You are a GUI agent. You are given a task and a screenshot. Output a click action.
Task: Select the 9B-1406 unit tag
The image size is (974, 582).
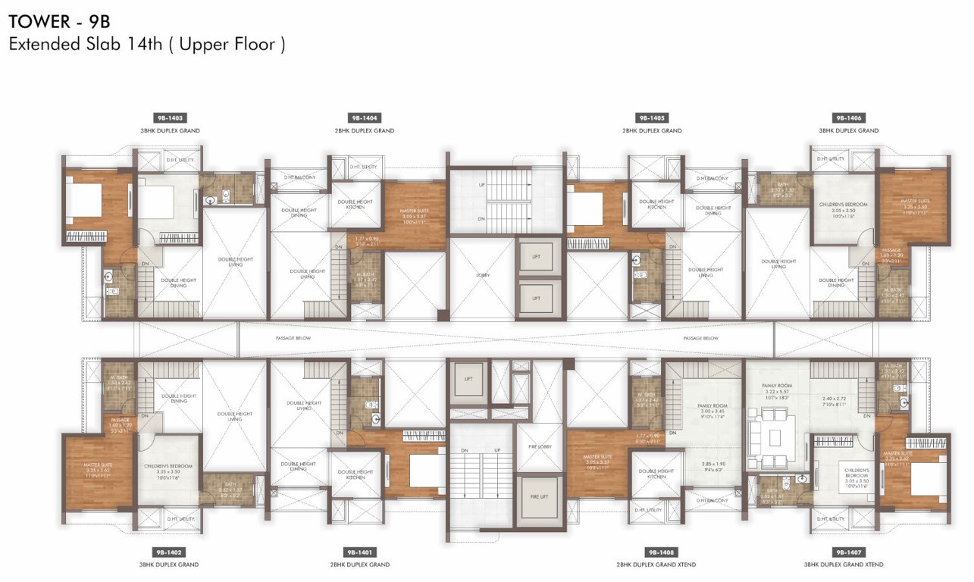[849, 118]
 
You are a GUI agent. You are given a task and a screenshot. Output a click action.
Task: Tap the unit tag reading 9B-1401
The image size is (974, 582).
[360, 552]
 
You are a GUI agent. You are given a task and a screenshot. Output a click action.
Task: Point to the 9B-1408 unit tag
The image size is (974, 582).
[656, 552]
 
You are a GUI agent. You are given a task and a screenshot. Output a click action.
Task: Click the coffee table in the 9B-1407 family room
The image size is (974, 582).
[774, 437]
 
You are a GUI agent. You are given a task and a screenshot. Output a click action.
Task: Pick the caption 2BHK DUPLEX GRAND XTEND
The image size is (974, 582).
[656, 565]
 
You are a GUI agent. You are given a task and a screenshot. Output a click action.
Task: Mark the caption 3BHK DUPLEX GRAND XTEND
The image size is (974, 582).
[844, 565]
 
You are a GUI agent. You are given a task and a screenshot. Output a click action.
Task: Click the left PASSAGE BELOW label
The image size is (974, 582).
[292, 338]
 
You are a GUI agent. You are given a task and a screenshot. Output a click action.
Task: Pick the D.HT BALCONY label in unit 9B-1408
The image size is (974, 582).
[712, 501]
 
